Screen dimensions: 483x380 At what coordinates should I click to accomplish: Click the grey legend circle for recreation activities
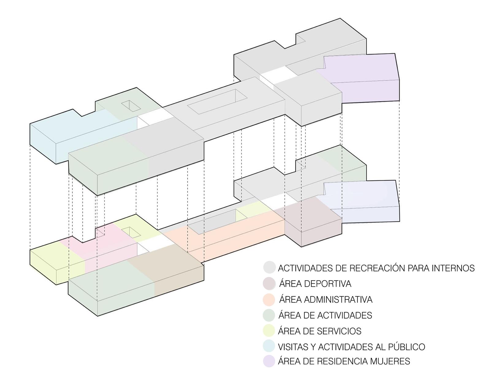[x=270, y=267]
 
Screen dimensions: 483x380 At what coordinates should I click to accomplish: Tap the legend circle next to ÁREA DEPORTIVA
[x=270, y=283]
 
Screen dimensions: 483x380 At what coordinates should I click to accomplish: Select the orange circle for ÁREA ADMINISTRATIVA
[x=270, y=299]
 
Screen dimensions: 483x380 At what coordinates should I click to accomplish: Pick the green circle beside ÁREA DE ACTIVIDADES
[x=270, y=315]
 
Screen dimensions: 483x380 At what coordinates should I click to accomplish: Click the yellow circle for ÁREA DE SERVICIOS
[x=270, y=331]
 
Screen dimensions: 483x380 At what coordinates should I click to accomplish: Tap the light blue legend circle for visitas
[x=270, y=347]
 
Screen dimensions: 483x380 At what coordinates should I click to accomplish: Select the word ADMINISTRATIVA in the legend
[x=339, y=299]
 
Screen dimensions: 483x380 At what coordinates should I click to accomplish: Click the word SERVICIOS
[x=339, y=331]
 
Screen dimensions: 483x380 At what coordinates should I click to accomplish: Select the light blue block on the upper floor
[x=70, y=132]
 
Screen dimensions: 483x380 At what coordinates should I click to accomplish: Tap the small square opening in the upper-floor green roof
[x=131, y=106]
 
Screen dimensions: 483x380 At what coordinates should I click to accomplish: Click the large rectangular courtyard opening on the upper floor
[x=218, y=101]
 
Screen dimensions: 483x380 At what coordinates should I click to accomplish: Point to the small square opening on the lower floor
[x=131, y=232]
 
